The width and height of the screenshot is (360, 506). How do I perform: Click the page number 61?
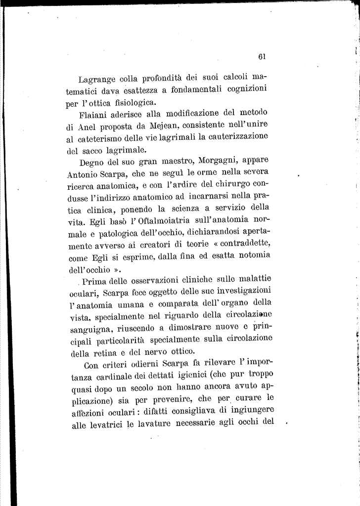(262, 56)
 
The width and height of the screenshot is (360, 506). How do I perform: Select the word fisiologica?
(132, 103)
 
